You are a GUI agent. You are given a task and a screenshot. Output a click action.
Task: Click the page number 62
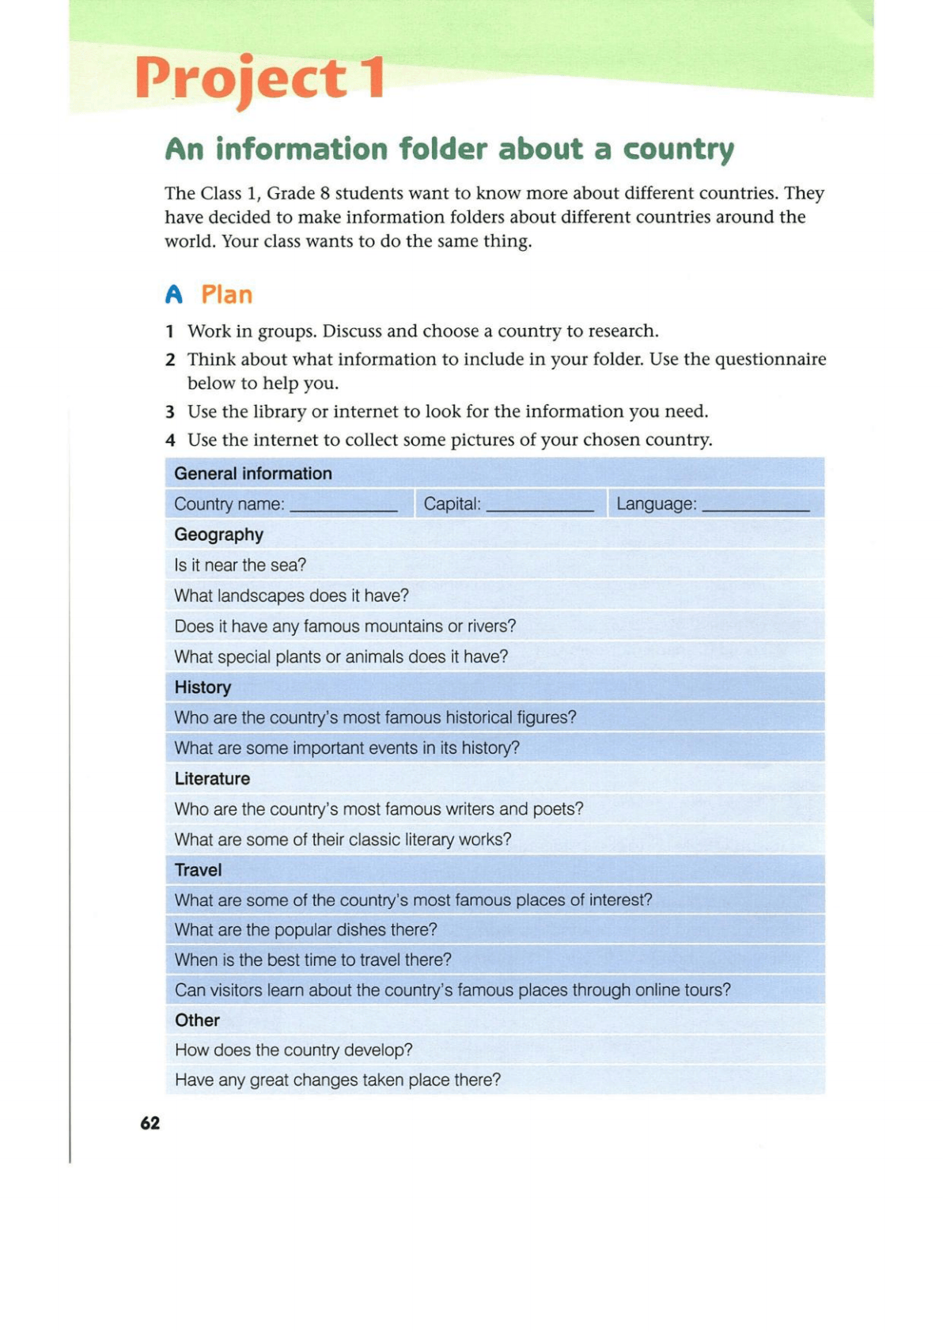150,1123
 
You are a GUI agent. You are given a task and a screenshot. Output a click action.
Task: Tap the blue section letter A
174,295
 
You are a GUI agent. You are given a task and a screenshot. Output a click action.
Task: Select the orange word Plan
226,295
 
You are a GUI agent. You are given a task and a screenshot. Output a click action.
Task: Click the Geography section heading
218,535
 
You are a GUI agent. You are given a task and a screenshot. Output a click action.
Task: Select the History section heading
203,687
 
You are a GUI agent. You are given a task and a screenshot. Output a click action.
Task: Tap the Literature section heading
212,779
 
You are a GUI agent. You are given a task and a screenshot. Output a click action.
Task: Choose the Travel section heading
198,870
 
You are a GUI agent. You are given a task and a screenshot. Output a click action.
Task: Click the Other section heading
197,1020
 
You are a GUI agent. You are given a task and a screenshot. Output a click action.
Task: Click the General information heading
253,474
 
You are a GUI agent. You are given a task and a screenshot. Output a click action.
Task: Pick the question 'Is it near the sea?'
240,566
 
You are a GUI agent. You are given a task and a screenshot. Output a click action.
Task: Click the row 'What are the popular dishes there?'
305,930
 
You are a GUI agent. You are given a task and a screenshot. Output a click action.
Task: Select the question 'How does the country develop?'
294,1050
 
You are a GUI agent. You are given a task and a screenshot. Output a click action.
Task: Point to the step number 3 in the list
169,412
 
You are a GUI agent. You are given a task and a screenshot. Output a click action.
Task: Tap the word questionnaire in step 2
770,360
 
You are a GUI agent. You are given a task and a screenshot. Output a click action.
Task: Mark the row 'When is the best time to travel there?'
312,960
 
